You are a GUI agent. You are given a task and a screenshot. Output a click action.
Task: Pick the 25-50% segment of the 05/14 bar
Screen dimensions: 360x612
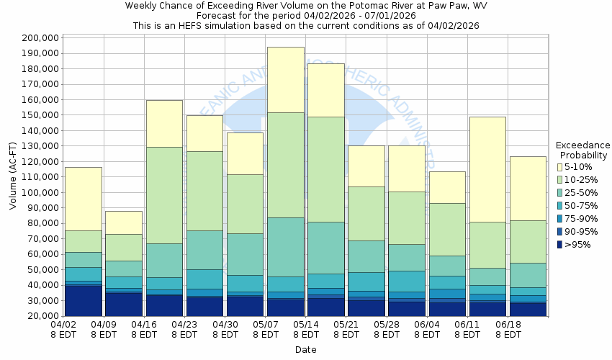tap(326, 248)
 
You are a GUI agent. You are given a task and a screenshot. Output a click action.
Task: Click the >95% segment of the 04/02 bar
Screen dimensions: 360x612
tap(84, 300)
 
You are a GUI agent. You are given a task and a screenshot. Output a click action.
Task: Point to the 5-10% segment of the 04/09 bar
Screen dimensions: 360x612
tap(124, 222)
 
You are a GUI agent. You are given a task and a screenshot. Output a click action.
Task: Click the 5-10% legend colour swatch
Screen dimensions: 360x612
tap(561, 167)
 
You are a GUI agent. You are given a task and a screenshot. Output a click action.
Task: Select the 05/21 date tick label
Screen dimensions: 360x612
tap(346, 330)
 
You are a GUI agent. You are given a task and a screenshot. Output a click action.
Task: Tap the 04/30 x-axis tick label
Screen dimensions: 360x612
tap(225, 330)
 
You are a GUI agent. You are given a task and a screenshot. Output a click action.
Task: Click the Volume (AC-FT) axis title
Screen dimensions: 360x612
tap(12, 176)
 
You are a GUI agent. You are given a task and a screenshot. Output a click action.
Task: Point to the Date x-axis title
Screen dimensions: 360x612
tap(305, 350)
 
